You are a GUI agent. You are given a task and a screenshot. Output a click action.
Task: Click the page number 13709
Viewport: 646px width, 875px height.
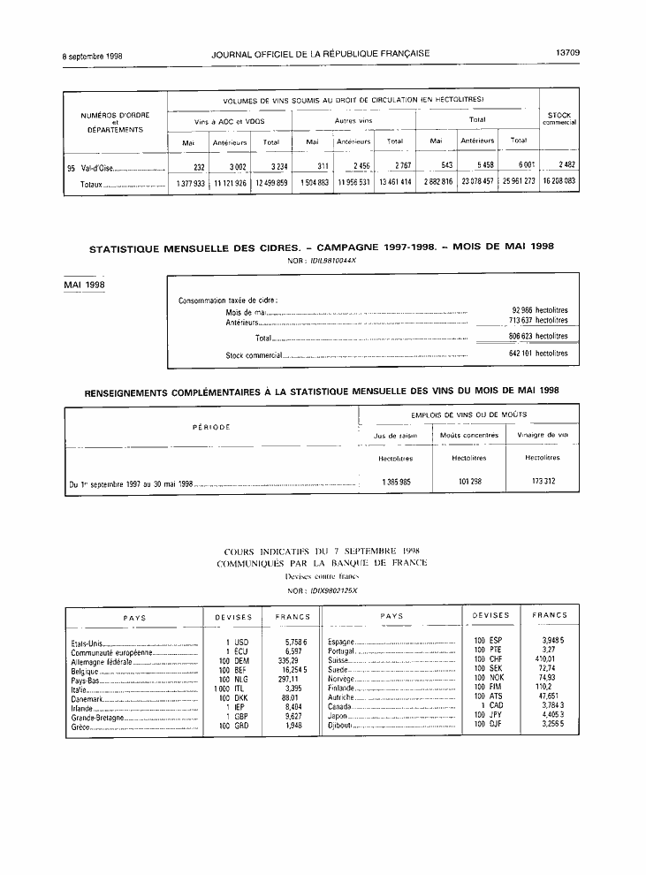(x=566, y=53)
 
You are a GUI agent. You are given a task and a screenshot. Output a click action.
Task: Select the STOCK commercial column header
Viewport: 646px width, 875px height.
(x=559, y=118)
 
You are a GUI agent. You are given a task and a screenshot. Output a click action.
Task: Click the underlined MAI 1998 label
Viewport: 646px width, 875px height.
(x=84, y=285)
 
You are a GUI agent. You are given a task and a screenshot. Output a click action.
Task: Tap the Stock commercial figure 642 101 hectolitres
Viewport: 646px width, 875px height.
(x=532, y=354)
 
